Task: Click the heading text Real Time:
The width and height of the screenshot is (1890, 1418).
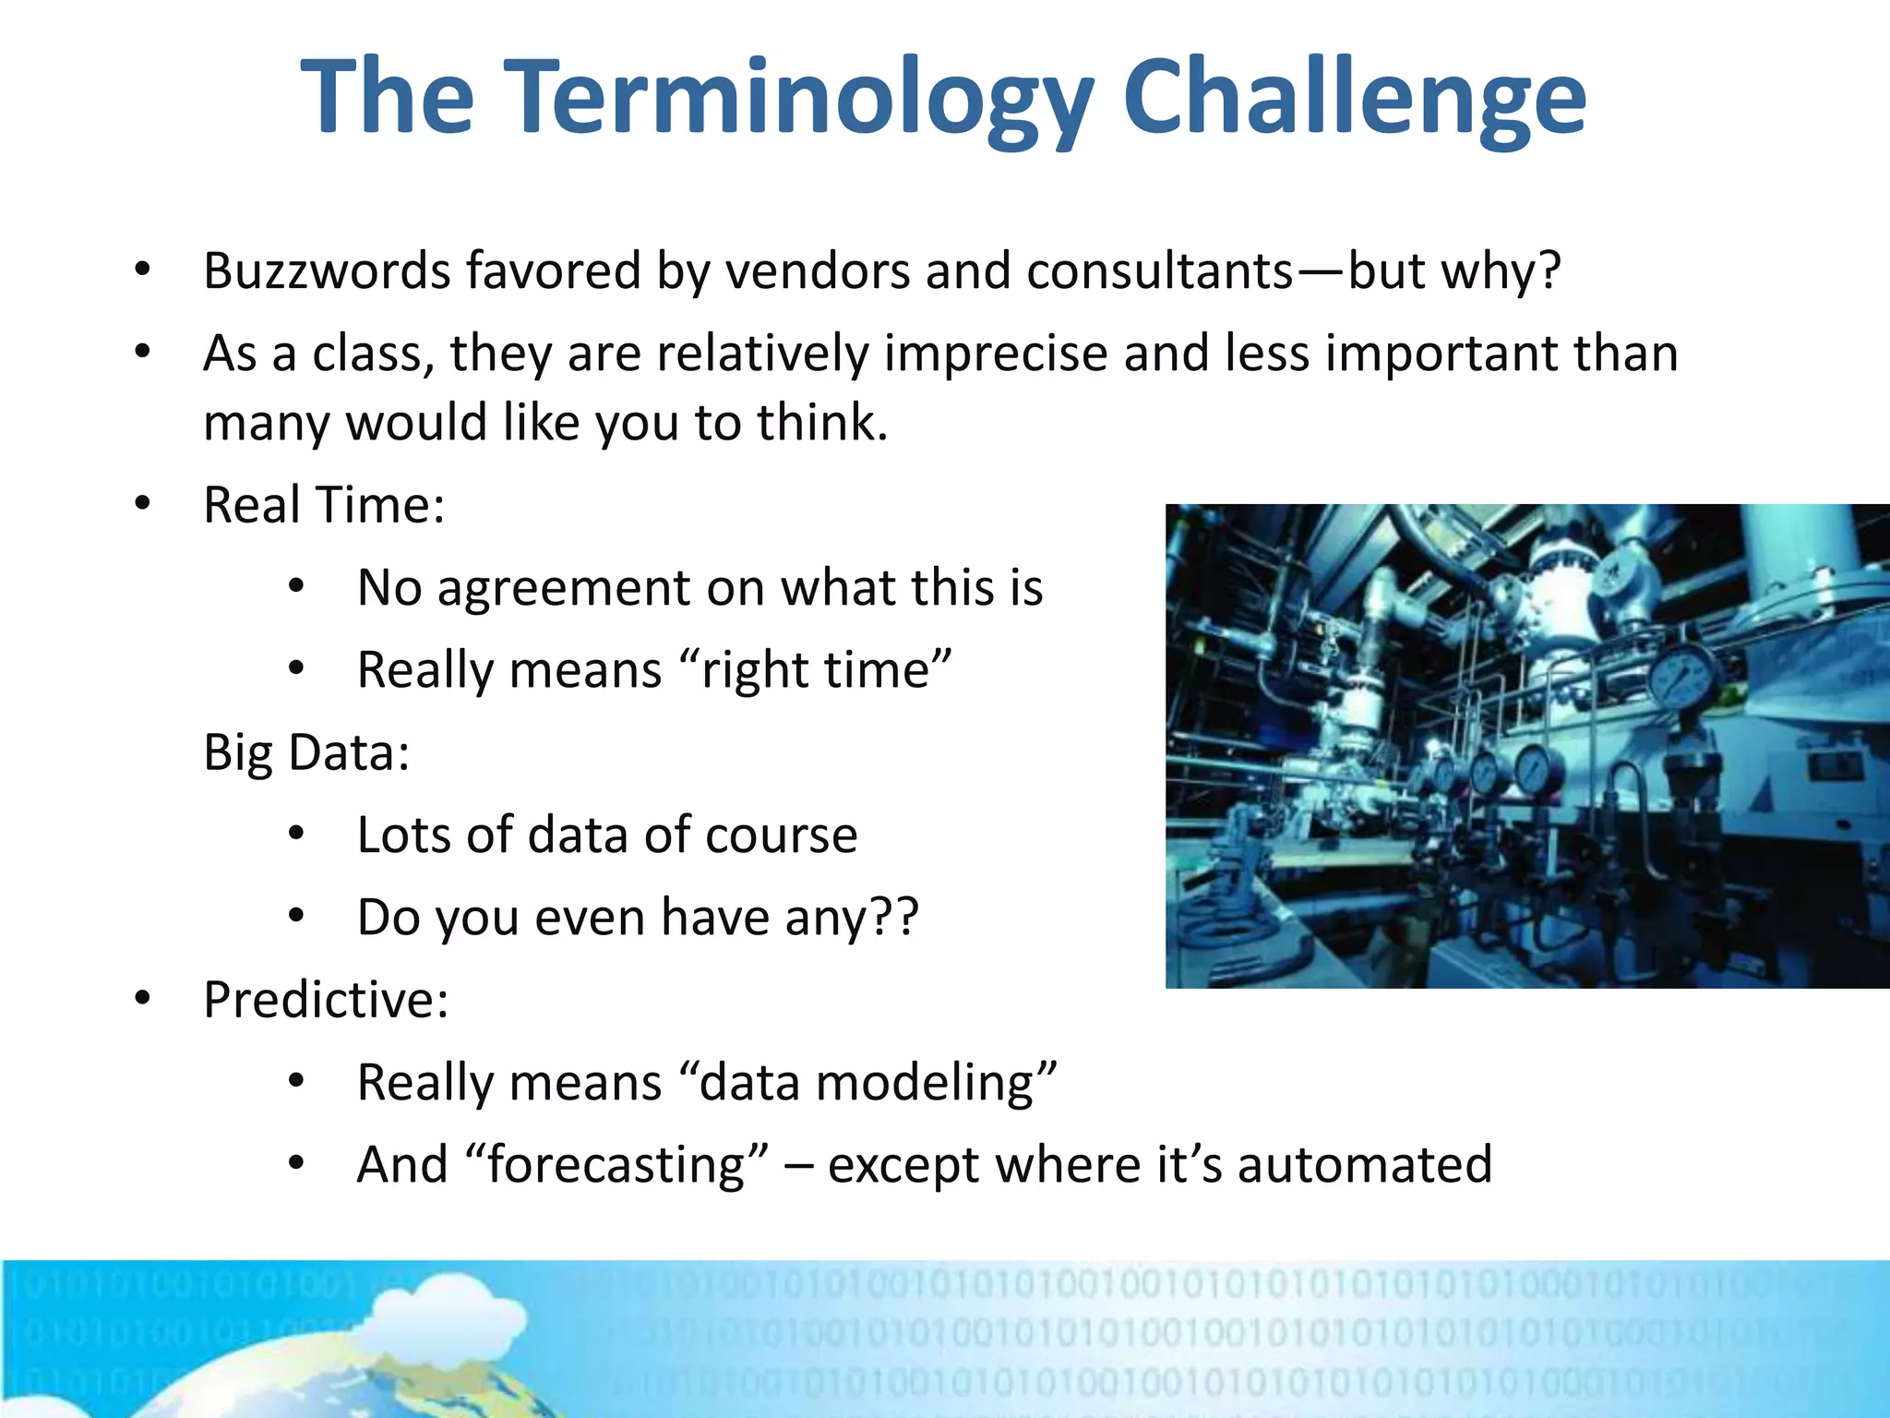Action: coord(324,505)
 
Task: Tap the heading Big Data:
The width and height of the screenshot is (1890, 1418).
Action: coord(306,751)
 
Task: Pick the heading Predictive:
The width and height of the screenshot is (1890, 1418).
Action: coord(326,1000)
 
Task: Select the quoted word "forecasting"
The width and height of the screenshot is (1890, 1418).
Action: coord(617,1164)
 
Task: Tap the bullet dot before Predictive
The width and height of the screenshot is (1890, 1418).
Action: coord(142,998)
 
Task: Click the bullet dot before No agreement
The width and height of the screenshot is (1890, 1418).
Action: coord(295,586)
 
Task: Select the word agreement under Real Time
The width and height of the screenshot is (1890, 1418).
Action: coord(564,588)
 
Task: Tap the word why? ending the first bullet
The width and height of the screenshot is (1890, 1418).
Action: coord(1500,271)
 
